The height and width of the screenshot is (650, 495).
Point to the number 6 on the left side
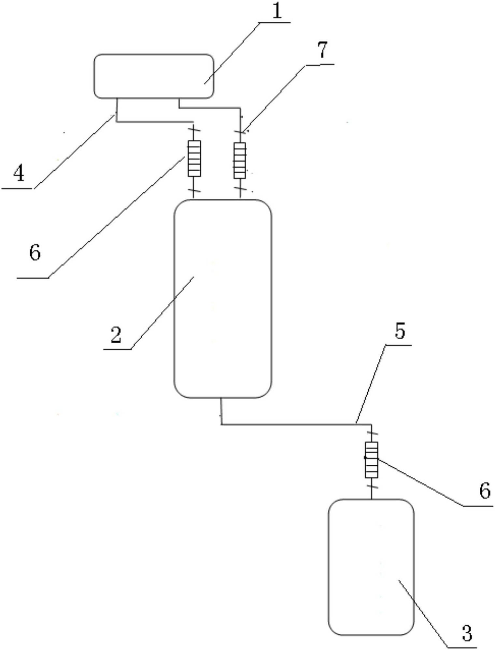[35, 252]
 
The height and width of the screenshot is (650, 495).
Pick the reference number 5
[400, 331]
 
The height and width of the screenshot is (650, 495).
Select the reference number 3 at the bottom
[467, 633]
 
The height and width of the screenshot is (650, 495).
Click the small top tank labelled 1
[154, 76]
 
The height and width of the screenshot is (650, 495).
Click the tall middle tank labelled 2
[223, 299]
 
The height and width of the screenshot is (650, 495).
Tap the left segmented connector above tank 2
[194, 159]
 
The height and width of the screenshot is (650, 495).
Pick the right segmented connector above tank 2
[240, 160]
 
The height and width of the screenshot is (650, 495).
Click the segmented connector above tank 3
[372, 460]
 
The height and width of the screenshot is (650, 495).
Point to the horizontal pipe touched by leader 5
[296, 424]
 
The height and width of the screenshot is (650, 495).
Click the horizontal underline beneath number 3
[461, 647]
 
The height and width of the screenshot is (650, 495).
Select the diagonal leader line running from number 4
[74, 151]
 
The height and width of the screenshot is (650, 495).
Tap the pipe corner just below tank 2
[222, 424]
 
